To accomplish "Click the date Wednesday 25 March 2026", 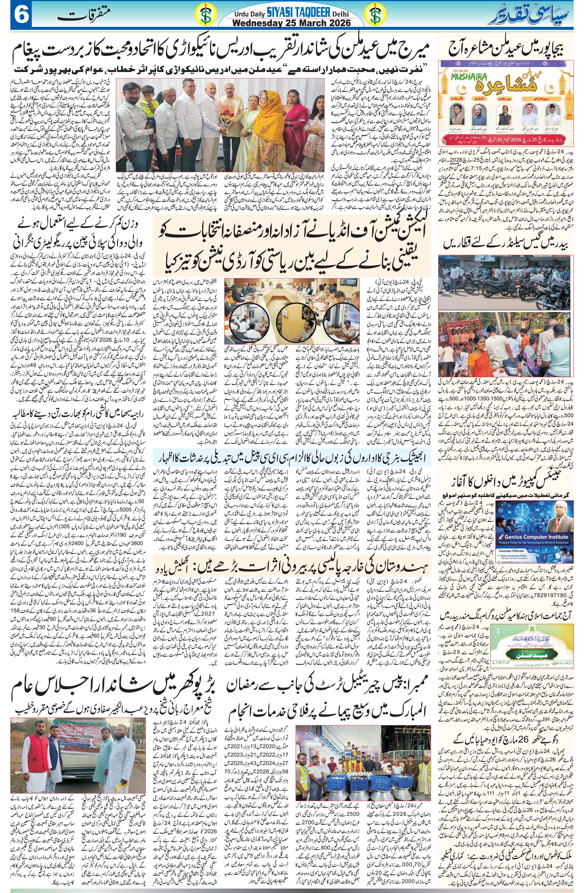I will (292, 23).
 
